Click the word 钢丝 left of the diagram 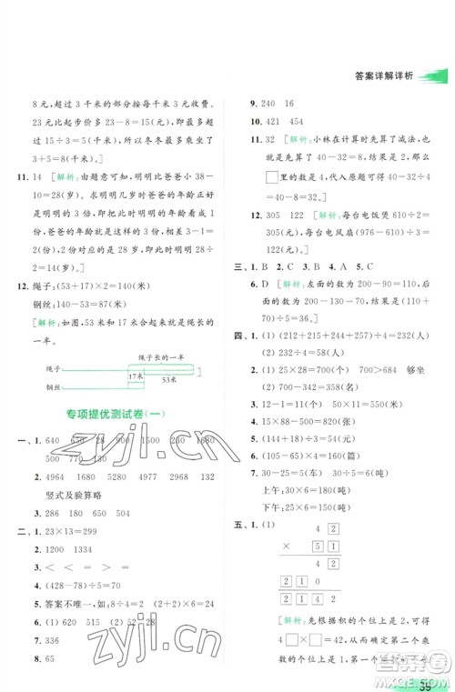pyautogui.click(x=41, y=386)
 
